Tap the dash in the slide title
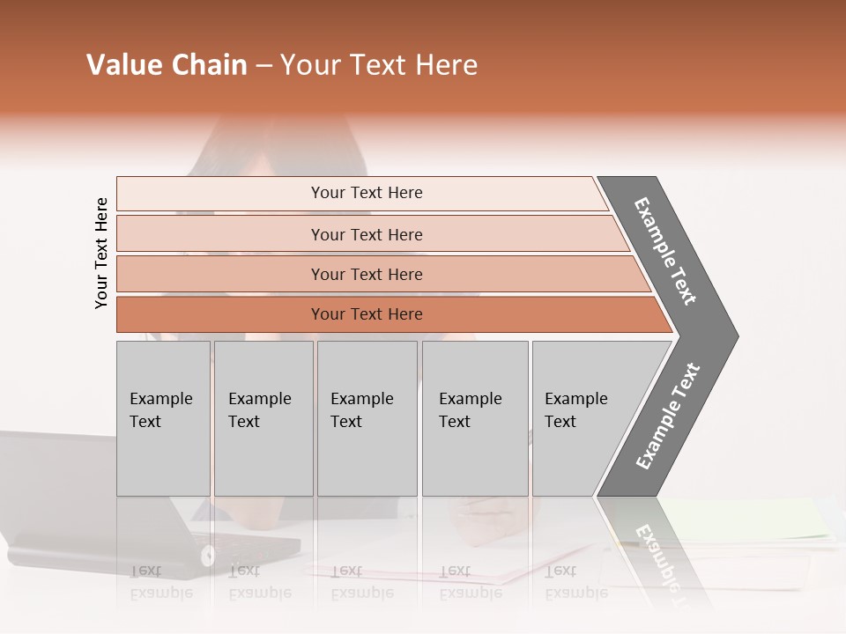pos(263,66)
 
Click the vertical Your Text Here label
pos(101,254)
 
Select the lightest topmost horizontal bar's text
pos(367,193)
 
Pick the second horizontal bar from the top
pos(367,234)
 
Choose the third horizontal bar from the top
pos(367,275)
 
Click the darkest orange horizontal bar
pos(367,314)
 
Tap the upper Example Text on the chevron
pos(666,251)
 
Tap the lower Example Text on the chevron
pos(668,417)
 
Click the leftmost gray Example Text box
pos(163,418)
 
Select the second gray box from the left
pos(263,418)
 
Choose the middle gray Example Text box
pos(367,418)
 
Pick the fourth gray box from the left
pos(474,418)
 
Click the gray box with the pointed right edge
pos(586,418)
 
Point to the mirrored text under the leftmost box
pos(160,582)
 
